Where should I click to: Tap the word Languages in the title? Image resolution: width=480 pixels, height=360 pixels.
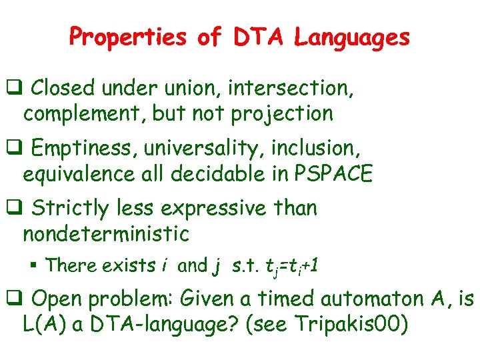[x=353, y=37]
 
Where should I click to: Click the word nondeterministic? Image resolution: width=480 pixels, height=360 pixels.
[x=106, y=233]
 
